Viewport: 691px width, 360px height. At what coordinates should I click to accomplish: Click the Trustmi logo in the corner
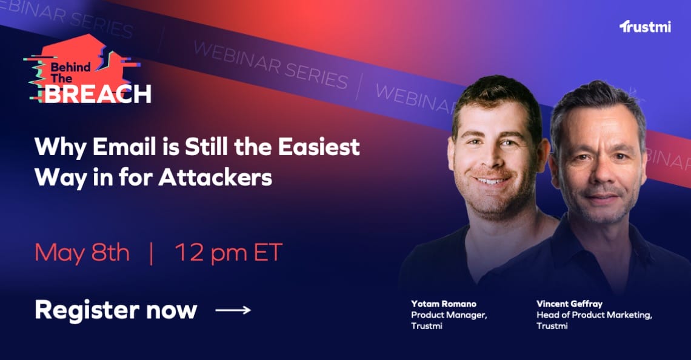pyautogui.click(x=645, y=27)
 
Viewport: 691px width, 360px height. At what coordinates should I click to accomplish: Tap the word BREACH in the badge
pyautogui.click(x=98, y=94)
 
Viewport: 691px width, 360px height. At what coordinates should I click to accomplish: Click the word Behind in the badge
pyautogui.click(x=70, y=67)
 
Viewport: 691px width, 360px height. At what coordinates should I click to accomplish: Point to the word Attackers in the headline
pyautogui.click(x=215, y=178)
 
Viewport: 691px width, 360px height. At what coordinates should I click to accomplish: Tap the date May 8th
pyautogui.click(x=82, y=253)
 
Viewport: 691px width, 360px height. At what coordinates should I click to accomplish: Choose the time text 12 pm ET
pyautogui.click(x=229, y=253)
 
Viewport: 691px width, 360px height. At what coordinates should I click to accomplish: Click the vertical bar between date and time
pyautogui.click(x=152, y=253)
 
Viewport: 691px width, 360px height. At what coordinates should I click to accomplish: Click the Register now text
pyautogui.click(x=115, y=310)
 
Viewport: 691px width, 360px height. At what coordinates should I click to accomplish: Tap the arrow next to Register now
pyautogui.click(x=233, y=310)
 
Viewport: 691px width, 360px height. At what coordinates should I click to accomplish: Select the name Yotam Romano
pyautogui.click(x=443, y=304)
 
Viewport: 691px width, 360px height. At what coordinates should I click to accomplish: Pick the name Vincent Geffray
pyautogui.click(x=569, y=304)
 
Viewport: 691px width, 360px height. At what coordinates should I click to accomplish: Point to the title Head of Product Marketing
pyautogui.click(x=594, y=315)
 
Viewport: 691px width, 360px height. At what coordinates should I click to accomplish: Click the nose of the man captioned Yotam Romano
pyautogui.click(x=492, y=161)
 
